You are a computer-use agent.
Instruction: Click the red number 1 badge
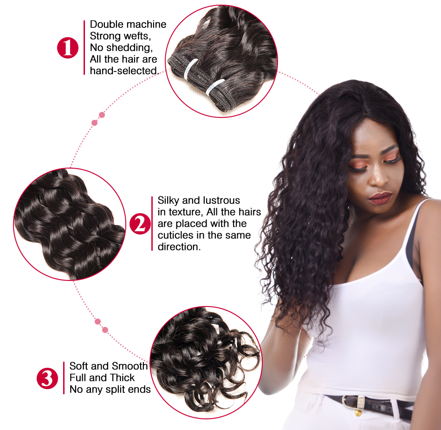click(68, 47)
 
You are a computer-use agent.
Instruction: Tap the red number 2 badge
click(140, 224)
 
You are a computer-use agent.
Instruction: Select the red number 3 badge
click(47, 378)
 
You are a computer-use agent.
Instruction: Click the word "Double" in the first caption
click(106, 25)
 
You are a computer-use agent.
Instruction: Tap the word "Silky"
click(168, 201)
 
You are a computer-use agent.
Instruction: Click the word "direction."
click(179, 247)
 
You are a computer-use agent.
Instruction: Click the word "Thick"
click(123, 378)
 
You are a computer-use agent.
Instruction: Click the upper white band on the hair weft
click(190, 68)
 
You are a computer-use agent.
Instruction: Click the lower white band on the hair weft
click(214, 87)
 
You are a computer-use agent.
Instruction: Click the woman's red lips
click(380, 198)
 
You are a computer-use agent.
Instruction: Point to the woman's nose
click(377, 177)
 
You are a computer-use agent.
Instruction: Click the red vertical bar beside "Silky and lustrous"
click(152, 224)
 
